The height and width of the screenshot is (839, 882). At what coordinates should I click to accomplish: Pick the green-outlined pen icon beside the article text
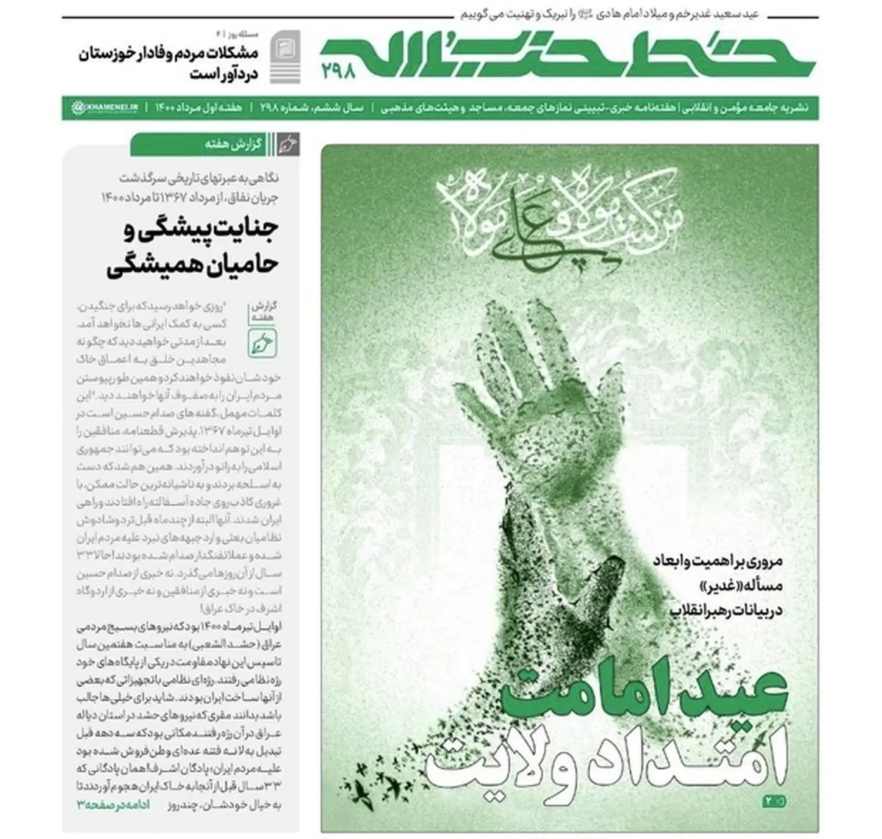pos(262,340)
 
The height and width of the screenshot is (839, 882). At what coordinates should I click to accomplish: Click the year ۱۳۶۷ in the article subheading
pos(183,197)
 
